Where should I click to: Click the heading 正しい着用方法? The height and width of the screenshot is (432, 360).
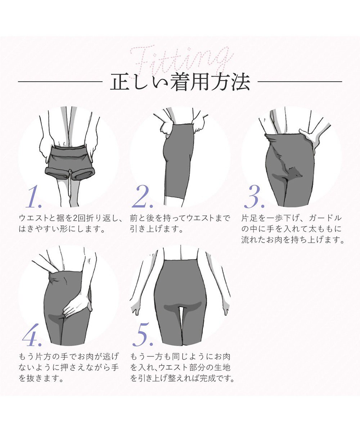180,82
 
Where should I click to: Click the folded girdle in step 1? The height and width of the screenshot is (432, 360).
68,162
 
